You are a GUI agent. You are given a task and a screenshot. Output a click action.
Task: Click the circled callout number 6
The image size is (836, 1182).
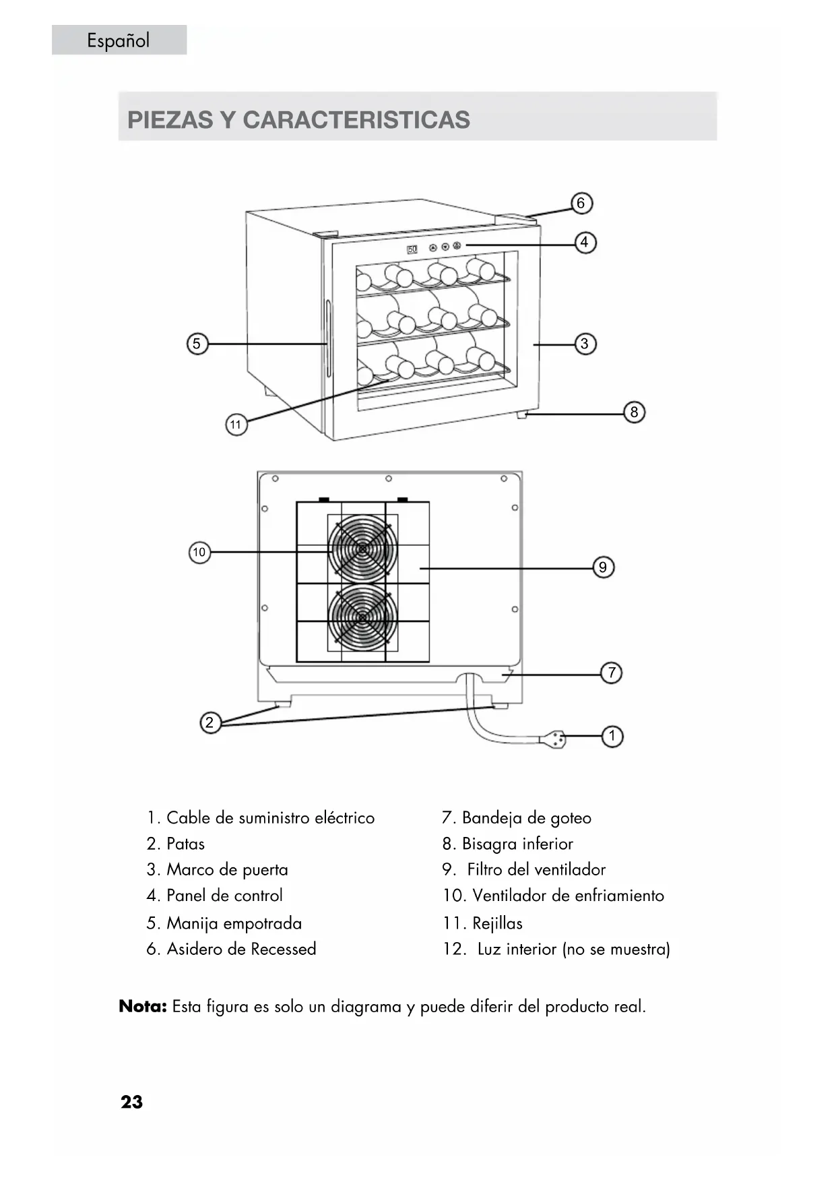point(581,203)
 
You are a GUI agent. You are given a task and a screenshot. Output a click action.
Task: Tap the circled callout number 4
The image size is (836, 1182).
point(585,242)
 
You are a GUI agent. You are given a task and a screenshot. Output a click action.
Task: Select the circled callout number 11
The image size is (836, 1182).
point(236,425)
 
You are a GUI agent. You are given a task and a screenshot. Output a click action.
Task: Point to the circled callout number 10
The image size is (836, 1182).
point(199,553)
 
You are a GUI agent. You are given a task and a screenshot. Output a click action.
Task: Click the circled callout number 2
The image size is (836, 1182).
point(210,722)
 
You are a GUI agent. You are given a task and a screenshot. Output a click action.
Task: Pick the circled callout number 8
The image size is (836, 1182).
point(634,412)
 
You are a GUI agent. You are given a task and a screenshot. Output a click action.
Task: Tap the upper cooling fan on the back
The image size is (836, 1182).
point(362,549)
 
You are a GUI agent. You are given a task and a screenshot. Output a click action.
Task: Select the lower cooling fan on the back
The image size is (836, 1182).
point(362,617)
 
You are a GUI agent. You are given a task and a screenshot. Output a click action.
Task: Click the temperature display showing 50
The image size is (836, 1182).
point(412,249)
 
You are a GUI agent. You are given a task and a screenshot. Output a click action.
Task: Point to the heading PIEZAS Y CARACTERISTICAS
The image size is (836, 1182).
point(299,120)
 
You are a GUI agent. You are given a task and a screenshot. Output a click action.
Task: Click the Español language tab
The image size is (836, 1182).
point(119,40)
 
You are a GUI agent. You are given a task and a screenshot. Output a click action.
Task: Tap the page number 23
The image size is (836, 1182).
point(132,1102)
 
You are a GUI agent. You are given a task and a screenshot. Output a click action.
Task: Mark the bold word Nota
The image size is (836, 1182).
point(143,1007)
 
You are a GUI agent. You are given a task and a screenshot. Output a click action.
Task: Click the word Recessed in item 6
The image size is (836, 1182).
point(283,949)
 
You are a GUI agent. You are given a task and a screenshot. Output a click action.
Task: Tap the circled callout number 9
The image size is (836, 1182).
point(603,567)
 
